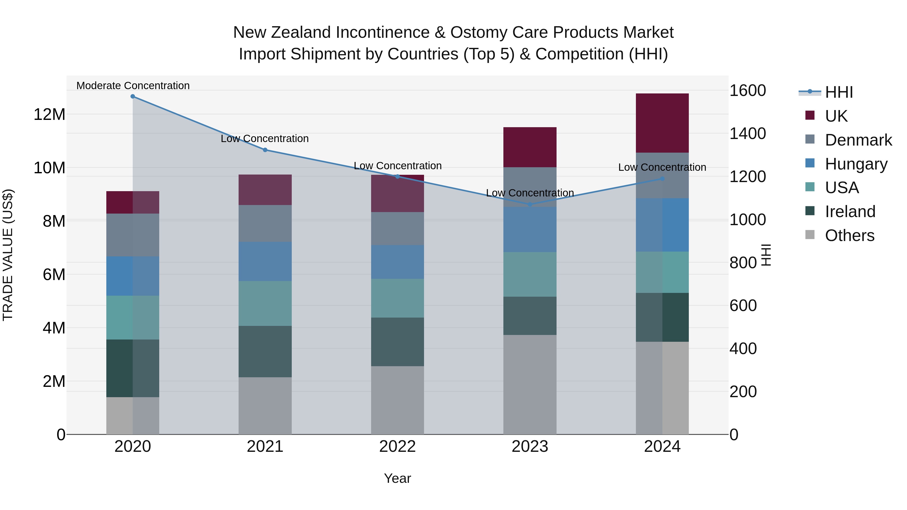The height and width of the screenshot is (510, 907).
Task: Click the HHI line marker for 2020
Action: (x=133, y=96)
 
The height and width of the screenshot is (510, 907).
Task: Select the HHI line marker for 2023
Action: (x=530, y=204)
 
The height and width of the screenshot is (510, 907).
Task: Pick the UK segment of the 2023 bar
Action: (x=530, y=147)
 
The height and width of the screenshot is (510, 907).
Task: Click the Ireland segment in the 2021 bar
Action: (x=265, y=351)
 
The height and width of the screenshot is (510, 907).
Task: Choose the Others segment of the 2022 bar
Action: (x=398, y=400)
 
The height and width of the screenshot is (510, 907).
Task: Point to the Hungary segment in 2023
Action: (x=530, y=229)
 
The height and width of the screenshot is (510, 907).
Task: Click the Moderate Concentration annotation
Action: (x=133, y=86)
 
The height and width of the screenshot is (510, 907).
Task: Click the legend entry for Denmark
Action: (x=858, y=140)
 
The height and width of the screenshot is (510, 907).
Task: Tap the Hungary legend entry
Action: (x=856, y=164)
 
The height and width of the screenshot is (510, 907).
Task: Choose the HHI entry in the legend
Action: (x=839, y=92)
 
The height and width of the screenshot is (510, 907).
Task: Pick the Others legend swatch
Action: (x=810, y=235)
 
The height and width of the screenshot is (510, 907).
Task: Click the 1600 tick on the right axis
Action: (x=747, y=91)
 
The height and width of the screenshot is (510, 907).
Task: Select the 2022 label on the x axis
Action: (x=398, y=447)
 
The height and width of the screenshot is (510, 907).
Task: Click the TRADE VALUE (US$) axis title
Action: (x=8, y=255)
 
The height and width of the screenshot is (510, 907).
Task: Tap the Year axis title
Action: (x=398, y=478)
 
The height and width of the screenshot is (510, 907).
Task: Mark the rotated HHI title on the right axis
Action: (x=766, y=255)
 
